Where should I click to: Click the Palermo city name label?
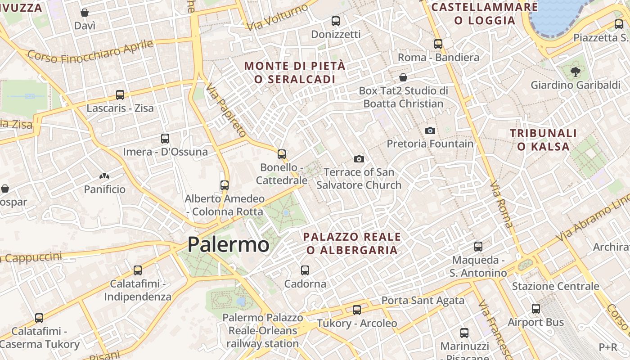coord(228,245)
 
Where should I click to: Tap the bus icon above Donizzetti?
coord(336,21)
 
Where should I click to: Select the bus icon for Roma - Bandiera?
coord(438,44)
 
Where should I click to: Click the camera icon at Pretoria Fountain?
coord(430,130)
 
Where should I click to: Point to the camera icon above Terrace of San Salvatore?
coord(359,159)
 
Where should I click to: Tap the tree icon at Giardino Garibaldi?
coord(575,71)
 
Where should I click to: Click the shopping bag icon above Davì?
coord(85,13)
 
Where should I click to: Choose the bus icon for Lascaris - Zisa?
coord(120,95)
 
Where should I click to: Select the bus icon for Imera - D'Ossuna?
coord(165,139)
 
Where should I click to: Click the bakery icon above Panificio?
coord(105,176)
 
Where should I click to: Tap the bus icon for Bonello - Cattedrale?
coord(282,154)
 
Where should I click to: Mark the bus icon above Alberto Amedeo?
coord(225,185)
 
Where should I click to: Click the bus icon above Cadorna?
coord(305,270)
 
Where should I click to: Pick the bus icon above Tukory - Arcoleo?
coord(357,310)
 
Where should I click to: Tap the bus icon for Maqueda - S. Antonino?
coord(478,247)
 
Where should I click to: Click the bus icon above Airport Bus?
coord(535,309)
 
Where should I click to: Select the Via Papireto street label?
coord(226,109)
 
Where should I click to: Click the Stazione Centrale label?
coord(555,286)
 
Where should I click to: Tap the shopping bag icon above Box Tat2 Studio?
coord(403,77)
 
